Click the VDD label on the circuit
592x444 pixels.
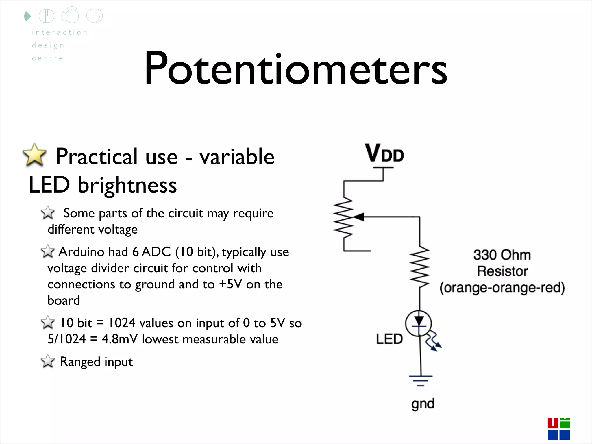point(384,153)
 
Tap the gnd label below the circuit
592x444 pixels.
point(423,404)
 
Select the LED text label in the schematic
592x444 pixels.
point(389,339)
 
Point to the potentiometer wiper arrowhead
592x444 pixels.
point(358,217)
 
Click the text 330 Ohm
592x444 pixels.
point(502,255)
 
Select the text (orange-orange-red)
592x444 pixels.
point(502,288)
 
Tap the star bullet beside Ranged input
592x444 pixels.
point(48,361)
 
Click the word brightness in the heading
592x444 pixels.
point(127,185)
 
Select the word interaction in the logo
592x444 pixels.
point(60,32)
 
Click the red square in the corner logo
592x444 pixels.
point(553,423)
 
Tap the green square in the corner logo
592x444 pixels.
point(565,423)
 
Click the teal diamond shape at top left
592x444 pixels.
point(27,16)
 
